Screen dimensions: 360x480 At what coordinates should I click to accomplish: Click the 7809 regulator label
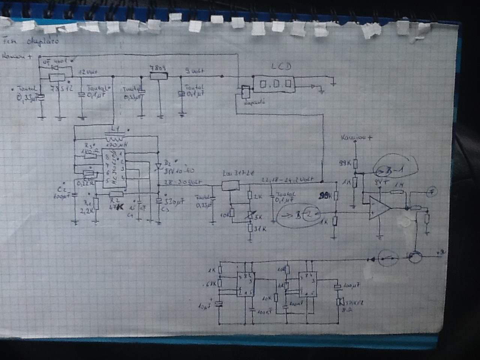(157, 68)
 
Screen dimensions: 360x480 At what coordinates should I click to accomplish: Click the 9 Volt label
(194, 70)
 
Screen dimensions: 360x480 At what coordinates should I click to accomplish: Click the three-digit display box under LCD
(273, 84)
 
